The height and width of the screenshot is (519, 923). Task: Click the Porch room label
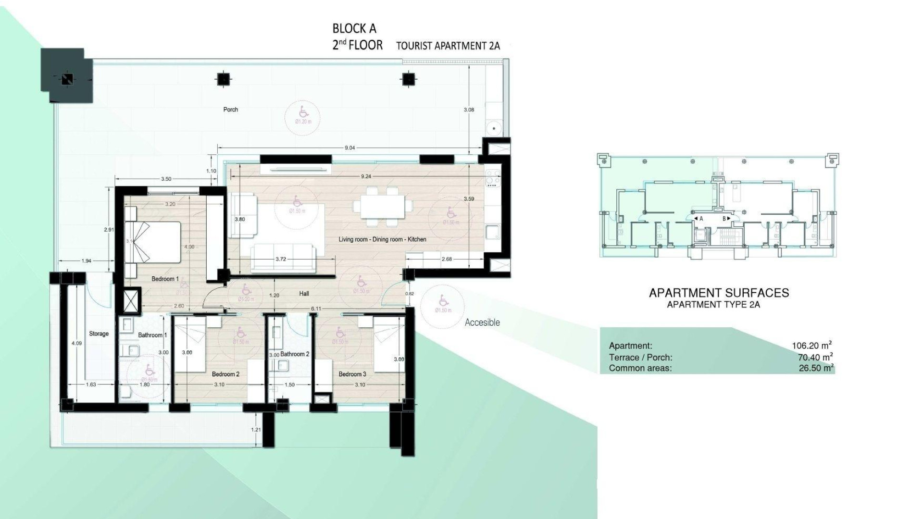coord(231,110)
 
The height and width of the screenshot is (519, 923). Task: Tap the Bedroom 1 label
coord(165,279)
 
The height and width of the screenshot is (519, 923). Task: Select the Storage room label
coord(99,334)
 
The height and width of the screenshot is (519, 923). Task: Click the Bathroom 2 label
coord(295,354)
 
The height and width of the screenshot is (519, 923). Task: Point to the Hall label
coord(304,294)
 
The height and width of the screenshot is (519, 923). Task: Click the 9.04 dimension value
coord(349,148)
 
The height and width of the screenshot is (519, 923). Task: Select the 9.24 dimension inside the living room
coord(366,176)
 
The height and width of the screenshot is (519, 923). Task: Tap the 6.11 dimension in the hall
coord(316,309)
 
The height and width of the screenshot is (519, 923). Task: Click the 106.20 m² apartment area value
coord(811,346)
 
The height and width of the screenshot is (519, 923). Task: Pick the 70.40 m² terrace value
coord(815,357)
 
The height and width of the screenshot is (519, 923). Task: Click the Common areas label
coord(640,369)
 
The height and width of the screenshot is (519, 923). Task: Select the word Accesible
coord(482,322)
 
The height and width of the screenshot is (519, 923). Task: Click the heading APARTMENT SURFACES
coord(719,293)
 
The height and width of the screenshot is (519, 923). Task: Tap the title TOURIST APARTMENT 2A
coord(448,46)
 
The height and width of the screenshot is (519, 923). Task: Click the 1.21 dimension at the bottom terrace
coord(256,430)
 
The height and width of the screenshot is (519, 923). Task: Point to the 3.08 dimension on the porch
coord(469,110)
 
